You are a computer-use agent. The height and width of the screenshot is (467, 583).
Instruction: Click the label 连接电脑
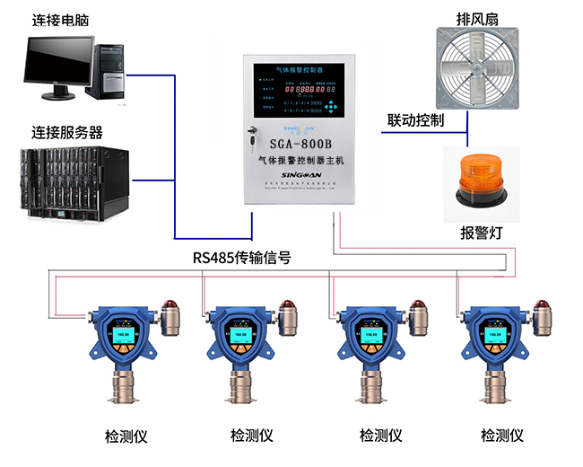(60, 19)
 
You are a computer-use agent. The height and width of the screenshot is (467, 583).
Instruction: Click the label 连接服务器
(66, 130)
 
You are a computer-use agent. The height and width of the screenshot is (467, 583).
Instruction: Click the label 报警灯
(481, 233)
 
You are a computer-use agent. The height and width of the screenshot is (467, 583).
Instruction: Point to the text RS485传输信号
(241, 258)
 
